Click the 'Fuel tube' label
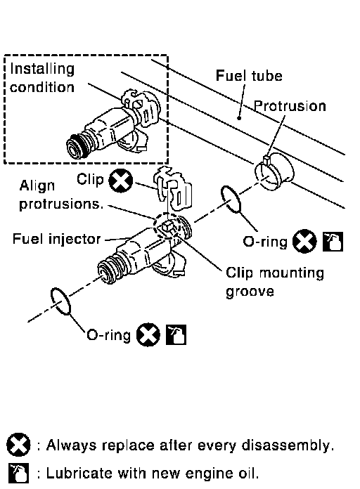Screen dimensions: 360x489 point(249,76)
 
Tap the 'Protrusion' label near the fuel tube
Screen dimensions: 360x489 point(290,106)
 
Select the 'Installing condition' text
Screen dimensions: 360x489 point(42,78)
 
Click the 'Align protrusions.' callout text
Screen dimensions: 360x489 point(61,195)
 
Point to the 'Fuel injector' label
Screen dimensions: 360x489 point(56,239)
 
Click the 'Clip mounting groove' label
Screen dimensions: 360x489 point(275,282)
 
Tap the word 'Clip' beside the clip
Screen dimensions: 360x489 point(90,179)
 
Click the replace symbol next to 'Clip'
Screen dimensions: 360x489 point(120,181)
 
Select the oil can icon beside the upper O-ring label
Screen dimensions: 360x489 point(333,242)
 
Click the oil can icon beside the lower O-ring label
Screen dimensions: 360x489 point(176,334)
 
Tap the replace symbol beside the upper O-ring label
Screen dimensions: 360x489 point(304,241)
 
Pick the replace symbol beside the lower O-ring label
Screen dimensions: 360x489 point(148,334)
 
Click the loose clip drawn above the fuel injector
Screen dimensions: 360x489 point(173,188)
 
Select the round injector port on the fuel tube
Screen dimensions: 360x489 point(274,171)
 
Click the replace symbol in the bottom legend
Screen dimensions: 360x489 point(18,445)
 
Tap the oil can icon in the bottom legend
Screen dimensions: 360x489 point(18,473)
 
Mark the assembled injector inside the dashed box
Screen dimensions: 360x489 point(114,125)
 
